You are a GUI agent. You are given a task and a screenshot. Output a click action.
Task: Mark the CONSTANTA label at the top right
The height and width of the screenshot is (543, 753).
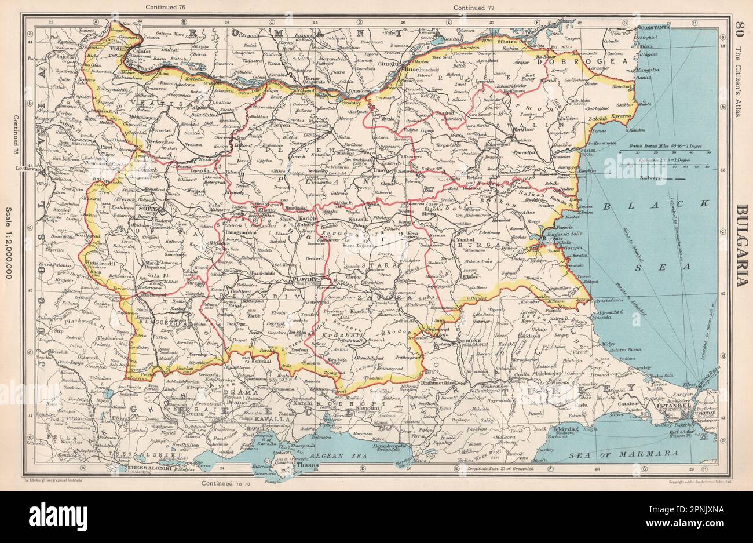(654, 27)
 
